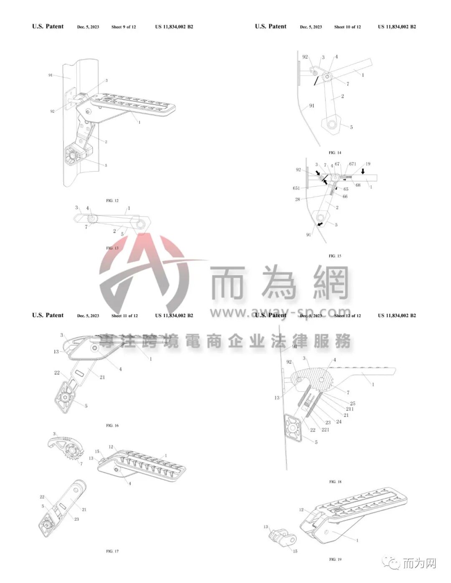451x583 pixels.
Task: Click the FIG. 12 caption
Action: point(112,201)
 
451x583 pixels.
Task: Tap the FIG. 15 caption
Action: point(335,256)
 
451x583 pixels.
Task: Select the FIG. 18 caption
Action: point(335,482)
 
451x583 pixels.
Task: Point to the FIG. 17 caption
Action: point(112,551)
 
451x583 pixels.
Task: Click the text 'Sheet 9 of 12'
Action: point(124,27)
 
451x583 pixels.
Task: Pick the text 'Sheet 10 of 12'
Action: point(347,27)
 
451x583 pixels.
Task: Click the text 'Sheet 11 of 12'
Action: point(124,316)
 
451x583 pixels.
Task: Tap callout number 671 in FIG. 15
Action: point(352,164)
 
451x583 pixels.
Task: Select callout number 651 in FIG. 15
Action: point(296,188)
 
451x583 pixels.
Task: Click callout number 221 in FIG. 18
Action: point(325,429)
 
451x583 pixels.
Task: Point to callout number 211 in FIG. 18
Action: point(350,409)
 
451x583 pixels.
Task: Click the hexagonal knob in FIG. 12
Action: point(73,154)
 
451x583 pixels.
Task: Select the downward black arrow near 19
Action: point(362,171)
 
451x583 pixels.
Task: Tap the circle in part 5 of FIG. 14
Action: point(332,124)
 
